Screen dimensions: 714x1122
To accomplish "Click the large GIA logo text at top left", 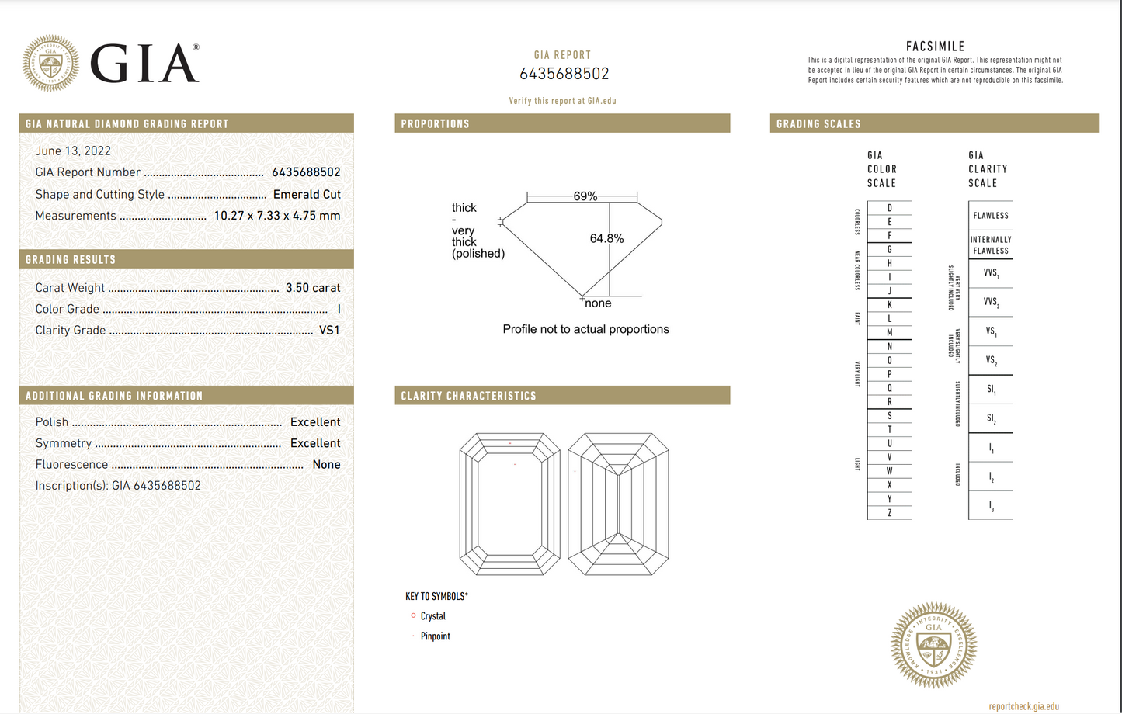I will [x=144, y=63].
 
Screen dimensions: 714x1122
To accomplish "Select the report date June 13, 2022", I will [x=73, y=151].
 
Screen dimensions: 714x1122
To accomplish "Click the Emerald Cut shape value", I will [x=307, y=195].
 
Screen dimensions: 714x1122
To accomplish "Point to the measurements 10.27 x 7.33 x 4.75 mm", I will [x=277, y=216].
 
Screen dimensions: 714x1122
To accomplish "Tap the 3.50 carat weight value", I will [x=313, y=288].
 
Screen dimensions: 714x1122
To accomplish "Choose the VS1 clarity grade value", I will [x=329, y=331].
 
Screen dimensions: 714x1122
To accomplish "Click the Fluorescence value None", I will [x=326, y=465].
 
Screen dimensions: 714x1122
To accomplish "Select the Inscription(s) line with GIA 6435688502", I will [x=118, y=486].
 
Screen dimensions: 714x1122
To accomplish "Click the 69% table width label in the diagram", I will [x=585, y=196].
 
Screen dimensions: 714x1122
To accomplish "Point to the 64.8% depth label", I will [x=606, y=238].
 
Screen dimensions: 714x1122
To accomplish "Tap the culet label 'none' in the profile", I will [x=598, y=303].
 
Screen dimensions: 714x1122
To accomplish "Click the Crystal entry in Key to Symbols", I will [x=432, y=616].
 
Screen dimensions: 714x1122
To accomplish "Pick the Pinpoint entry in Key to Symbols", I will [x=435, y=636].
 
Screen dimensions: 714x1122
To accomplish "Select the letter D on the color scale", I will [x=890, y=208].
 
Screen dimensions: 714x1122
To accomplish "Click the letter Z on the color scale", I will [x=890, y=513].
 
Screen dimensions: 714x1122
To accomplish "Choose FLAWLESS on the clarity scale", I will [x=991, y=216].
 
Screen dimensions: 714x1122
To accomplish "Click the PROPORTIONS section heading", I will [x=436, y=124].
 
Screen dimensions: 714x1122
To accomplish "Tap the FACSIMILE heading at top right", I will [x=935, y=47].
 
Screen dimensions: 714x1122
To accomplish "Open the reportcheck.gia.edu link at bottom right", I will [x=1023, y=706].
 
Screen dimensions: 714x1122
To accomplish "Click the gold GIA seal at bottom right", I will [x=933, y=645].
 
